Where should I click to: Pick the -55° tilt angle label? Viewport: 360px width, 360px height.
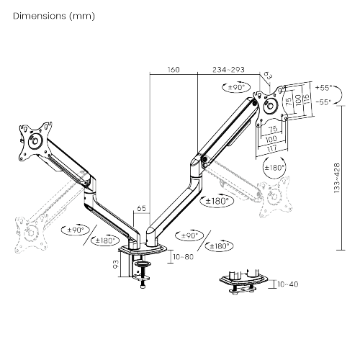[323, 102]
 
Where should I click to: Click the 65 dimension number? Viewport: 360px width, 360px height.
[141, 207]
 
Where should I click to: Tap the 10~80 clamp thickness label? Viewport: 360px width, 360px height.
[183, 256]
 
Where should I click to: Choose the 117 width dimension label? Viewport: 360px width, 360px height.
[271, 148]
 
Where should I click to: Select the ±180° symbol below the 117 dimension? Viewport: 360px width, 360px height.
[274, 167]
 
